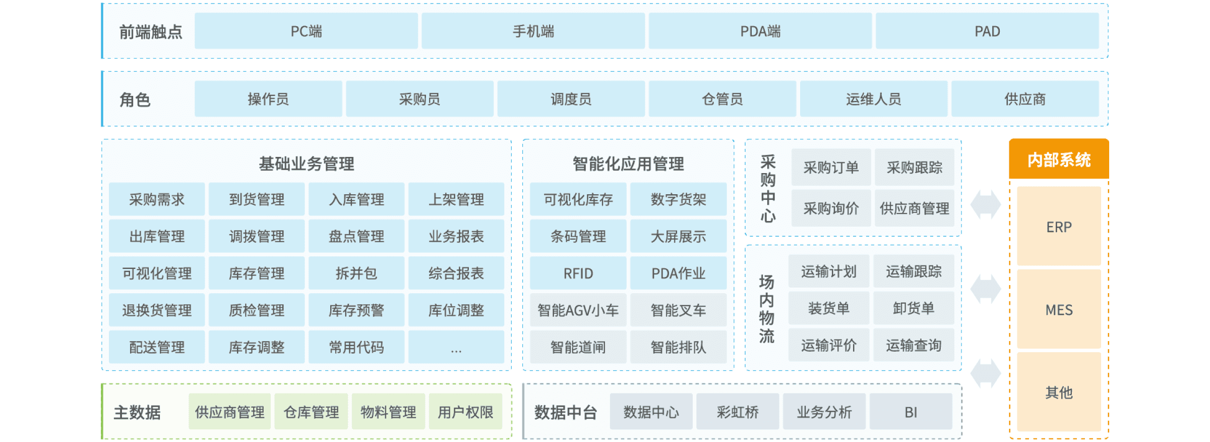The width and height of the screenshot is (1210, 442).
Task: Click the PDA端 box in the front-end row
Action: tap(760, 31)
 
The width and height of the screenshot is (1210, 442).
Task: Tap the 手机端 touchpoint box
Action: tap(533, 31)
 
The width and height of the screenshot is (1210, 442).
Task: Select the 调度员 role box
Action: tap(571, 99)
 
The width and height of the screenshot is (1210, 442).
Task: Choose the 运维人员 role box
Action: tap(873, 99)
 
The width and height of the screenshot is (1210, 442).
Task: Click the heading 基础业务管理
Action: tap(307, 163)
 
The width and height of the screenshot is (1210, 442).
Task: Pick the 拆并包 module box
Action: tap(356, 273)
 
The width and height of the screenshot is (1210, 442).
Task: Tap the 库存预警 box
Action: tap(356, 310)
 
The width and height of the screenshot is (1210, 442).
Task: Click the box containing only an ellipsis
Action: tap(456, 347)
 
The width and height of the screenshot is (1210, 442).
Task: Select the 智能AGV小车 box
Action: tap(578, 310)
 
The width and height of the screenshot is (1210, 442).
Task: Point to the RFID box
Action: tap(578, 273)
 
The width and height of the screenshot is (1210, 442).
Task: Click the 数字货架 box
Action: tap(678, 199)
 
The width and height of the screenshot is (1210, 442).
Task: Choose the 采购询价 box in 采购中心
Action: tap(831, 208)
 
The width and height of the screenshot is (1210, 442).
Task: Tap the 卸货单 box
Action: tap(914, 308)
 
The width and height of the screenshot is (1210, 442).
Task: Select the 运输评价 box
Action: tap(829, 345)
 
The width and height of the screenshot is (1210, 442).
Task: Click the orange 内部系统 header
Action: tap(1059, 159)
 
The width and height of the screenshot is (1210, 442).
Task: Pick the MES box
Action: tap(1059, 309)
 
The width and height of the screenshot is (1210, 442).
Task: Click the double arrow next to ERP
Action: tap(985, 204)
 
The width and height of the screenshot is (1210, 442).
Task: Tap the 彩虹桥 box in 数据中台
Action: tap(738, 412)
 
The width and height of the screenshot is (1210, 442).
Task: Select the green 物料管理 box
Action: tap(388, 412)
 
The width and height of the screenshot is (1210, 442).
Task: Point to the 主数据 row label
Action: tap(137, 412)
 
